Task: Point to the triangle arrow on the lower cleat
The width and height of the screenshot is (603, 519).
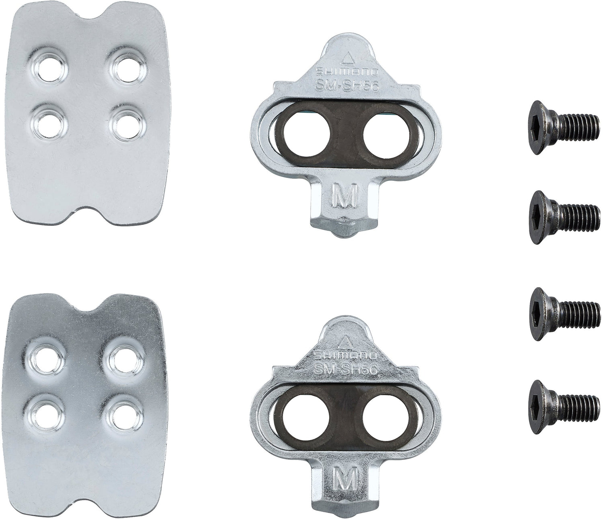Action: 344,343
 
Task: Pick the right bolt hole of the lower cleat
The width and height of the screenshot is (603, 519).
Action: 382,421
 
